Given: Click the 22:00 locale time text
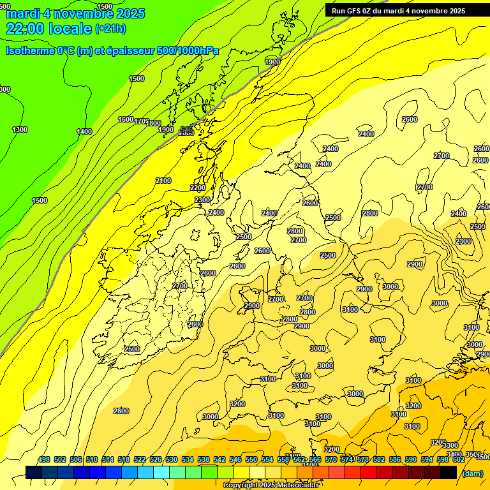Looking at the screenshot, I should [x=48, y=29].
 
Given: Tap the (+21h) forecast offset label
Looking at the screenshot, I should [x=110, y=29].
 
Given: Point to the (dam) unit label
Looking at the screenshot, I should [x=472, y=473].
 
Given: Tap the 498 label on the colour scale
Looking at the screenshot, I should [x=44, y=459].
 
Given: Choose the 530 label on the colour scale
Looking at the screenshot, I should [x=172, y=459].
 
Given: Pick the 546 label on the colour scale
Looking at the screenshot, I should [x=235, y=459].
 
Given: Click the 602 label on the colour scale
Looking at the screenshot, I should [x=459, y=459].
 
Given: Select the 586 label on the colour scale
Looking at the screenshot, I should [x=395, y=459].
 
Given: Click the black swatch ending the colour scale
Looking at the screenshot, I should [x=449, y=473].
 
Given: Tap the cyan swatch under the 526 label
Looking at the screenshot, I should [x=161, y=473].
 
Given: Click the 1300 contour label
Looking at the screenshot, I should [x=20, y=130].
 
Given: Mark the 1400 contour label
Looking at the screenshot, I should [x=84, y=131].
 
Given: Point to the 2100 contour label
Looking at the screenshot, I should [x=163, y=181].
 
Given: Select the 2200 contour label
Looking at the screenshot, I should [x=198, y=188].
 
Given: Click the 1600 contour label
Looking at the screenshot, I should [x=126, y=119].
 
